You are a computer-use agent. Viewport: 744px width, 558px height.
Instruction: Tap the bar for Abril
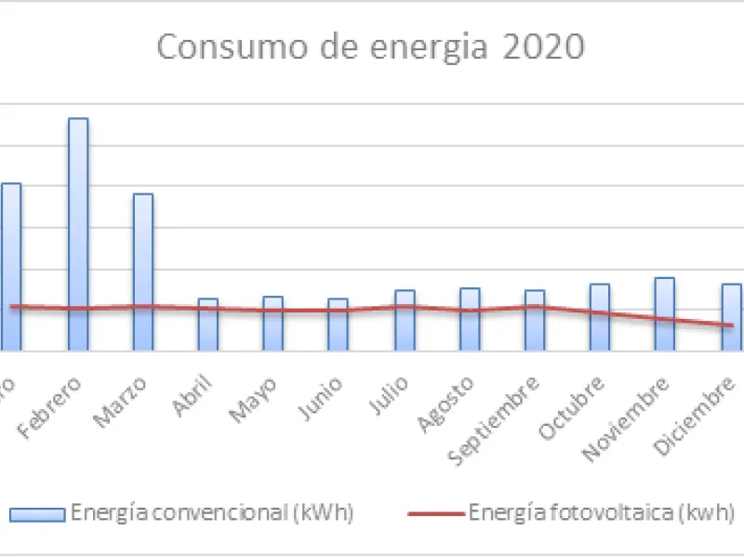tap(208, 325)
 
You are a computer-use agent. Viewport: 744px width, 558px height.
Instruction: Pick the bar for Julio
tap(405, 321)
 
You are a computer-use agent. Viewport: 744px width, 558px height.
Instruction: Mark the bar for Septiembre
tap(535, 321)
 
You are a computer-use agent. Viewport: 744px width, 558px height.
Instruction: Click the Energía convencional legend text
tap(212, 512)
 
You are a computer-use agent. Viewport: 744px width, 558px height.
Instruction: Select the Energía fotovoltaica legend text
tap(602, 512)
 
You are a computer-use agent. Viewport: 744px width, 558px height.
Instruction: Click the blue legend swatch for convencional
tap(37, 513)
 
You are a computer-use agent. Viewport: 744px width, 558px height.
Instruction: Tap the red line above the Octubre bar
tap(600, 313)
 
